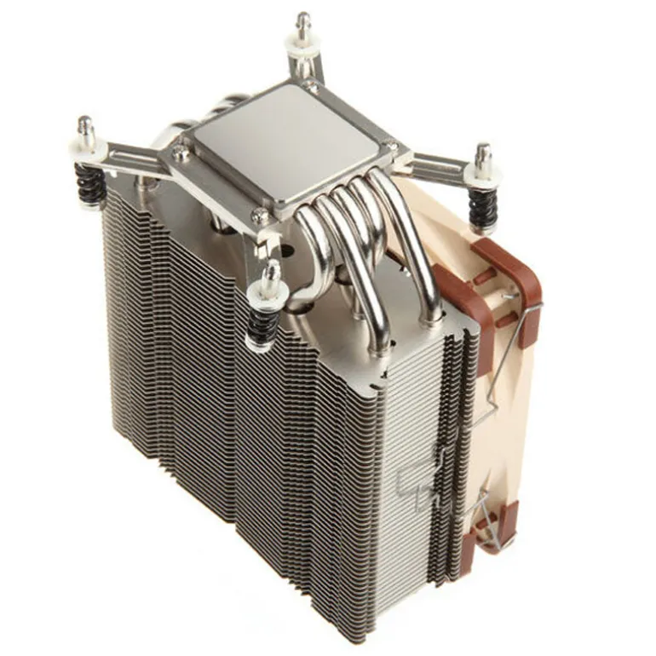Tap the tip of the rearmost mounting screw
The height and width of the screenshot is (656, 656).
tap(302, 19)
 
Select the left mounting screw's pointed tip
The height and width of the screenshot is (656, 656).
tap(84, 122)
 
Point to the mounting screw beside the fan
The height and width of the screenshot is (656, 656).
tap(483, 153)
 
